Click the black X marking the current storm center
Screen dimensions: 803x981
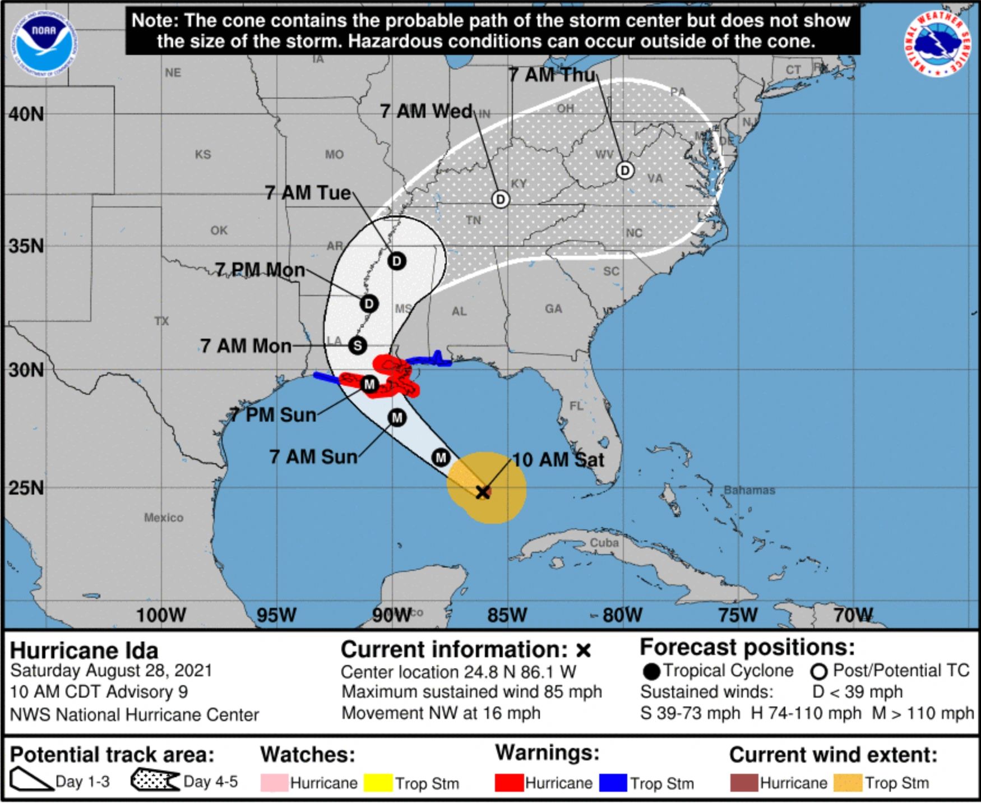[x=483, y=492]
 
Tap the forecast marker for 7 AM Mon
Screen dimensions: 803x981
[x=357, y=345]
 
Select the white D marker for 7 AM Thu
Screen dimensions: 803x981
[x=625, y=170]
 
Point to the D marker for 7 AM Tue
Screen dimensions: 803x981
[x=397, y=261]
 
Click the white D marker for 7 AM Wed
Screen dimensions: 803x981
[x=500, y=199]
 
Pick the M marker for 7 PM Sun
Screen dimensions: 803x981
[x=369, y=384]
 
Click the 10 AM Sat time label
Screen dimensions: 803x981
[x=558, y=460]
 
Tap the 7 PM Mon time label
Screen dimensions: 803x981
[x=260, y=270]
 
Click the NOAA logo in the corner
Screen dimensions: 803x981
[x=43, y=44]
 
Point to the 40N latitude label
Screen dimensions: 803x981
[x=26, y=114]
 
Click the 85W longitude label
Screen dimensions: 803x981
[x=507, y=615]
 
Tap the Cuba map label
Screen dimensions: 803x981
[x=604, y=542]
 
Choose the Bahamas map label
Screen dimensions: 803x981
[x=749, y=490]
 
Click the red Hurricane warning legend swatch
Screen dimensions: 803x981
[x=509, y=783]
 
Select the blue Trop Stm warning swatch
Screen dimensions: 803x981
[x=613, y=783]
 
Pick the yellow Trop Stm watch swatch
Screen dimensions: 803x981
[x=378, y=783]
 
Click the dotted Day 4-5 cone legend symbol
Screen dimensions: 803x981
[x=155, y=781]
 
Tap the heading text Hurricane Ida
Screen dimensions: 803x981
[x=84, y=650]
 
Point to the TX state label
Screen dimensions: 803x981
[x=161, y=321]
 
